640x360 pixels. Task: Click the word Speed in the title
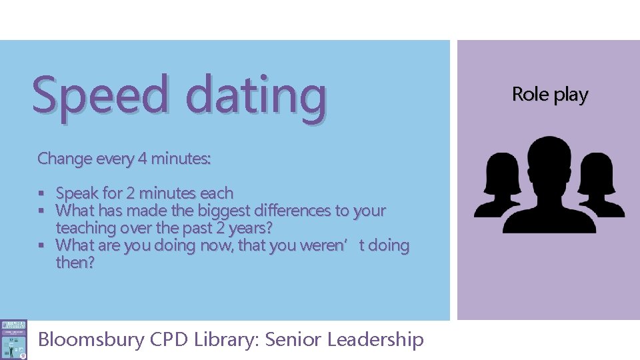[x=100, y=95]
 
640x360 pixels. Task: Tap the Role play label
[x=550, y=95]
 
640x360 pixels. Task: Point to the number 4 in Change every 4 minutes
[x=142, y=159]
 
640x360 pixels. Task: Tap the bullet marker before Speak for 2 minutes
[x=41, y=194]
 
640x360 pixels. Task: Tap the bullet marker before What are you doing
[x=41, y=246]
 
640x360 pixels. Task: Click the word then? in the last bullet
[x=75, y=263]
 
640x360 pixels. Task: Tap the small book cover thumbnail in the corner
[x=14, y=339]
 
